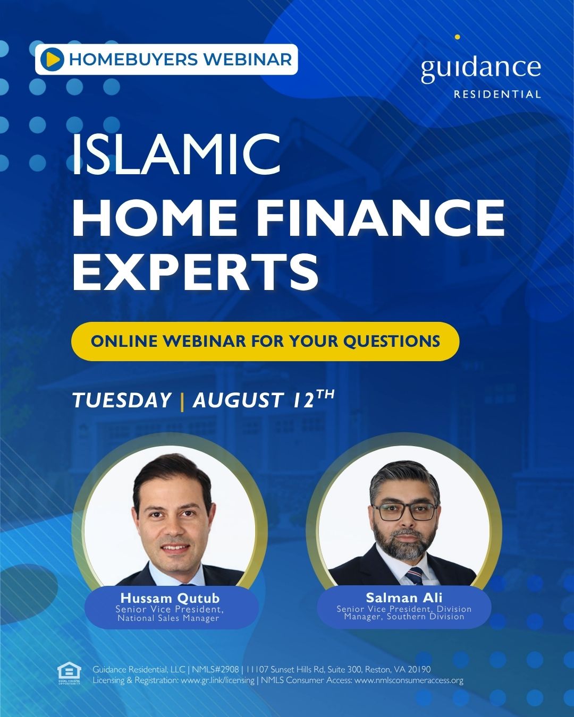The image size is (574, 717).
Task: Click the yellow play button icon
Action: pos(52,59)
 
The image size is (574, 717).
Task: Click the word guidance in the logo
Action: pos(480,69)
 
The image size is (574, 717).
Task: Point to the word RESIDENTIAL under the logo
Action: pos(497,95)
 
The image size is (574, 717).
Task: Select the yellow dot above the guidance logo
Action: pos(458,37)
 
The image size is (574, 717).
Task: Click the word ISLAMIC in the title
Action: pos(176,153)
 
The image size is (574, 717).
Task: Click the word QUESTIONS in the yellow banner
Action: pos(392,342)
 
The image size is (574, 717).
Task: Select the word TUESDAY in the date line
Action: pos(122,400)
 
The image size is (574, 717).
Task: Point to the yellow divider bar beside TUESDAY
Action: pos(182,402)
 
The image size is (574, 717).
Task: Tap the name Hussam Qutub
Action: pos(170,598)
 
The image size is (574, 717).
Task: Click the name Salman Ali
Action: pos(404,597)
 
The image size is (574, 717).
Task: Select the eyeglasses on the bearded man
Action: pos(404,512)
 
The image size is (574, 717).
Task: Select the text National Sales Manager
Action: pos(168,618)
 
